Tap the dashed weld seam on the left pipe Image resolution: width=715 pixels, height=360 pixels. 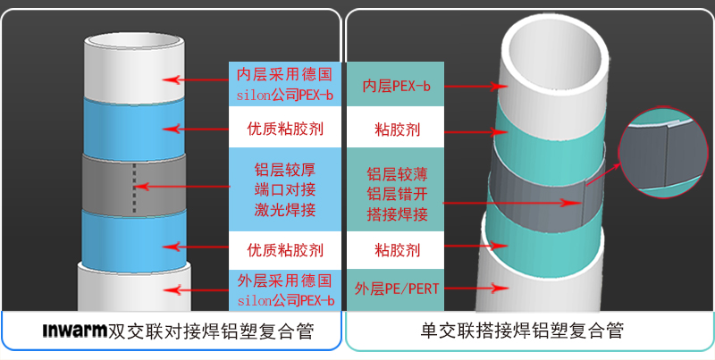tap(135, 187)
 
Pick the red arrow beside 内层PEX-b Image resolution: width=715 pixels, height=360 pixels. tap(475, 87)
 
